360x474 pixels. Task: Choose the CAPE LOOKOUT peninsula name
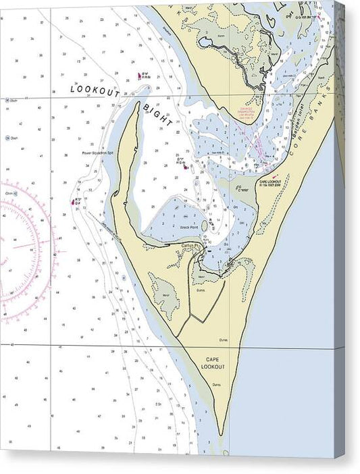point(212,363)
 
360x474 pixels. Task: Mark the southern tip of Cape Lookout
point(224,436)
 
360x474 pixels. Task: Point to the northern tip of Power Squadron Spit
point(139,104)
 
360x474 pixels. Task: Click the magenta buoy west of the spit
point(72,201)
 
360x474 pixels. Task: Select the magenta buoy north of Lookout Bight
point(140,76)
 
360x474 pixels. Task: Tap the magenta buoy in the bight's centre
point(184,167)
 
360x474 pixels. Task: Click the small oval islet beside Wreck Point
point(204,226)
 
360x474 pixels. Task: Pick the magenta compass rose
point(20,248)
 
